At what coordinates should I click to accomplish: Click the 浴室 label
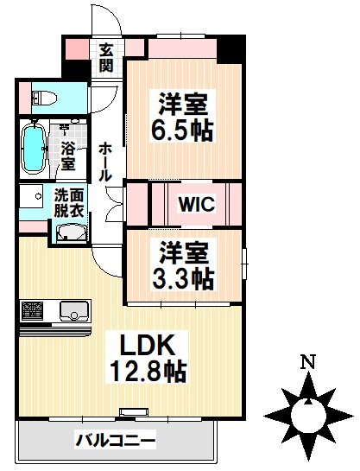tap(69, 156)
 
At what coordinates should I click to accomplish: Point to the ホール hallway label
tap(104, 161)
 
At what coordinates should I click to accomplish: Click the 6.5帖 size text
tap(184, 132)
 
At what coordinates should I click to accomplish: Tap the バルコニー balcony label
tap(116, 441)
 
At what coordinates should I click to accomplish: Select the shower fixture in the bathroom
tap(63, 130)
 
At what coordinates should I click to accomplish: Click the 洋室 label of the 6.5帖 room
tap(184, 102)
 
